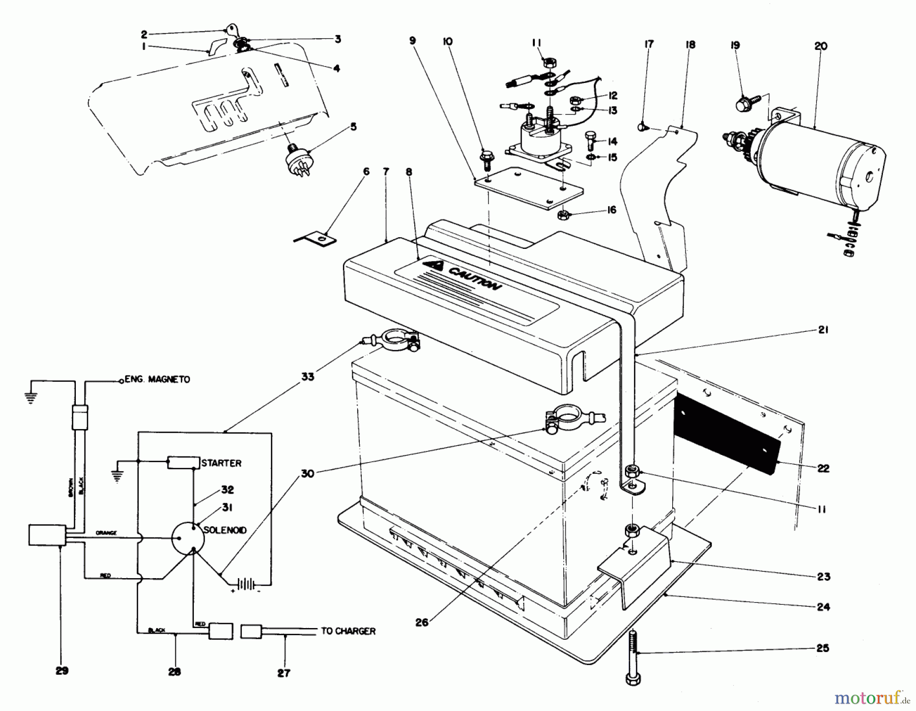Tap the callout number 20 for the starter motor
820,46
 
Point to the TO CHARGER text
348,631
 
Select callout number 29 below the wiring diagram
62,671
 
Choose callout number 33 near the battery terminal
307,377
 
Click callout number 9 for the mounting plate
412,40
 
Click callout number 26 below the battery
422,622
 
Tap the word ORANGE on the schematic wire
106,533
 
